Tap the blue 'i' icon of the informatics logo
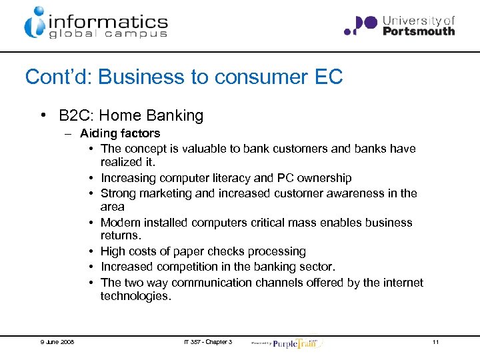point(35,23)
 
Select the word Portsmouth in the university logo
point(419,31)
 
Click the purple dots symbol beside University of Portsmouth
point(361,25)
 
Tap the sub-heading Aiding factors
point(120,133)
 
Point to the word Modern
point(120,223)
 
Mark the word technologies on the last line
point(136,295)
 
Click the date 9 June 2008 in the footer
point(56,342)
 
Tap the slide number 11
point(435,342)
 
